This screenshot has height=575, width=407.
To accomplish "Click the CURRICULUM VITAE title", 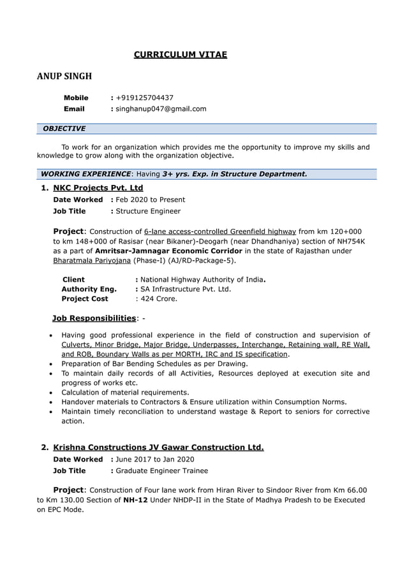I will pos(180,54).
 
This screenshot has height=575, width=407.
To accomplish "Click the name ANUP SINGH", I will pos(64,76).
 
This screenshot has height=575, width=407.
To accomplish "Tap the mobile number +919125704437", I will pos(144,98).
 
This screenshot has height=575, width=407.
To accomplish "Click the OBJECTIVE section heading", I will pos(64,129).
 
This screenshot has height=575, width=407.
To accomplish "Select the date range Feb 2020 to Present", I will pos(151,200).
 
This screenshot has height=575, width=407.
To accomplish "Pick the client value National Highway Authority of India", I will pos(202,279).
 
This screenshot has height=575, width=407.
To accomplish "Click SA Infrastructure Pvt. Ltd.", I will pos(186,289).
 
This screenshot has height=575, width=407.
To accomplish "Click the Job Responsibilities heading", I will pos(94,318).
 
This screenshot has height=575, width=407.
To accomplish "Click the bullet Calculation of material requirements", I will pos(125,392).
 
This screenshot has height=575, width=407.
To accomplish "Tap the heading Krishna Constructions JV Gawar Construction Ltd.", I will pos(158,448).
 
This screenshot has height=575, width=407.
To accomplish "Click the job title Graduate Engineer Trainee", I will pos(161,470).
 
